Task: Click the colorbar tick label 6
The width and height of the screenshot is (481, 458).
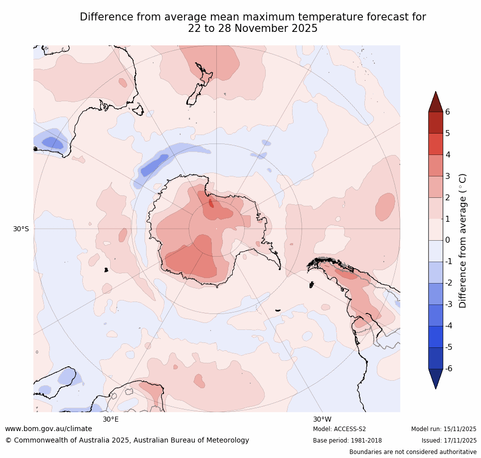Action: coord(447,112)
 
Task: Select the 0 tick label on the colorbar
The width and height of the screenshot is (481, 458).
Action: coord(447,240)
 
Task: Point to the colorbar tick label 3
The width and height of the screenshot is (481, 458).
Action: coord(447,176)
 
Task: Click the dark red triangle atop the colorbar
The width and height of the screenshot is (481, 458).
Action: coord(436,103)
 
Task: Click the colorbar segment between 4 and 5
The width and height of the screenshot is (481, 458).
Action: coord(436,144)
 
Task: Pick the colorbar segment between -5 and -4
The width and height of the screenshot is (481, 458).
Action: coord(436,336)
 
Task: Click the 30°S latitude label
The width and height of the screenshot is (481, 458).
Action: coord(21,229)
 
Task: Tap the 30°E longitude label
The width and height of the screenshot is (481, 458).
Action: coord(111,419)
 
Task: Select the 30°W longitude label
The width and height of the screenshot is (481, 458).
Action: coord(322,419)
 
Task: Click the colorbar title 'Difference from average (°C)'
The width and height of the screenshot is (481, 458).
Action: coord(463,240)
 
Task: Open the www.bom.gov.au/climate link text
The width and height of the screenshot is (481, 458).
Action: coord(48,429)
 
